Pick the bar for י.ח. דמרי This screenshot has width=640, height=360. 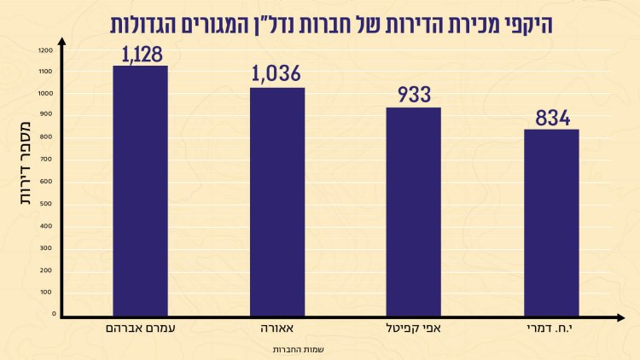(551, 223)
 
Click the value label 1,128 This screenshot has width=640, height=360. (139, 55)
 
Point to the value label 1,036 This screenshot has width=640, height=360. (277, 76)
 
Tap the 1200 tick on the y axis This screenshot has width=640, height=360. (45, 49)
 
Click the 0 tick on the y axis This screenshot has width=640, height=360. (53, 314)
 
